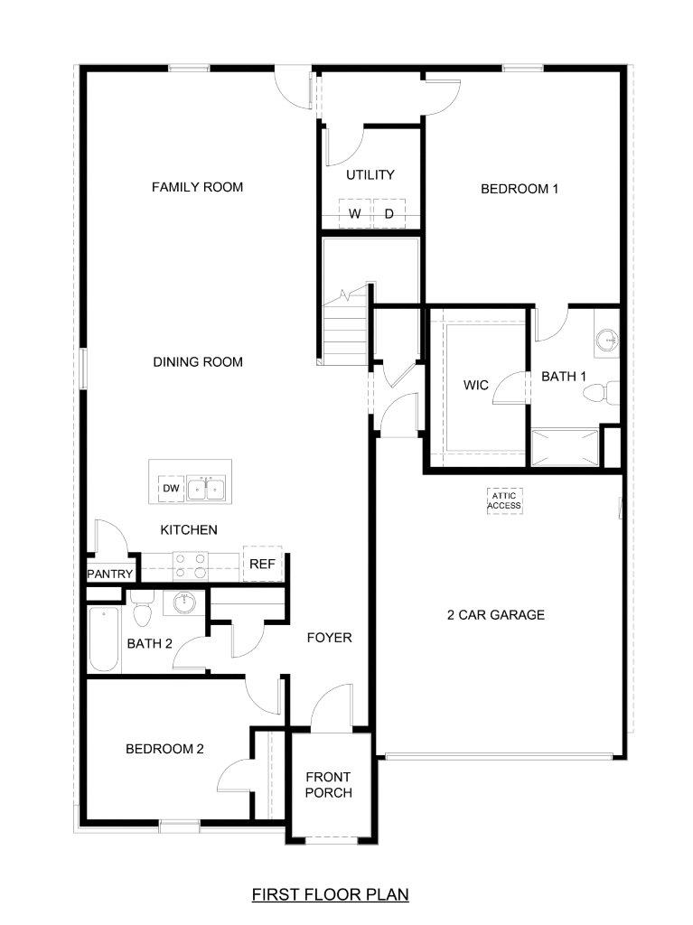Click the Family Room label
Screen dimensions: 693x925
(x=197, y=187)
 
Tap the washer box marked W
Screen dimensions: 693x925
(x=355, y=213)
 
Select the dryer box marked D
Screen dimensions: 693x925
(x=389, y=213)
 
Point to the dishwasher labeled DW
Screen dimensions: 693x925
(x=171, y=489)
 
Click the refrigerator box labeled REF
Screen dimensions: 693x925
(x=263, y=564)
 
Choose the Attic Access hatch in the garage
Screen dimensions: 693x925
(x=505, y=500)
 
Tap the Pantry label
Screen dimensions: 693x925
(x=110, y=574)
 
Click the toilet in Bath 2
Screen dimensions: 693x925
(x=142, y=610)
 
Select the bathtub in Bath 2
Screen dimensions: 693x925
(x=104, y=639)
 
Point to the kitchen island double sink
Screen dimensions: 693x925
(x=207, y=489)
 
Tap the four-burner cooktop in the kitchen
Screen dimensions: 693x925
(x=190, y=565)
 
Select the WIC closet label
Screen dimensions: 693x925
(x=476, y=385)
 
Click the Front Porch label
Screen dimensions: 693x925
(x=328, y=785)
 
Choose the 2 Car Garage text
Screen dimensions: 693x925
(x=496, y=614)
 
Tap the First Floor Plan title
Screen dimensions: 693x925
(x=331, y=894)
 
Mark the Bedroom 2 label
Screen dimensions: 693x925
(x=164, y=749)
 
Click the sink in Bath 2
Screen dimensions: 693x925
(x=184, y=603)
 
